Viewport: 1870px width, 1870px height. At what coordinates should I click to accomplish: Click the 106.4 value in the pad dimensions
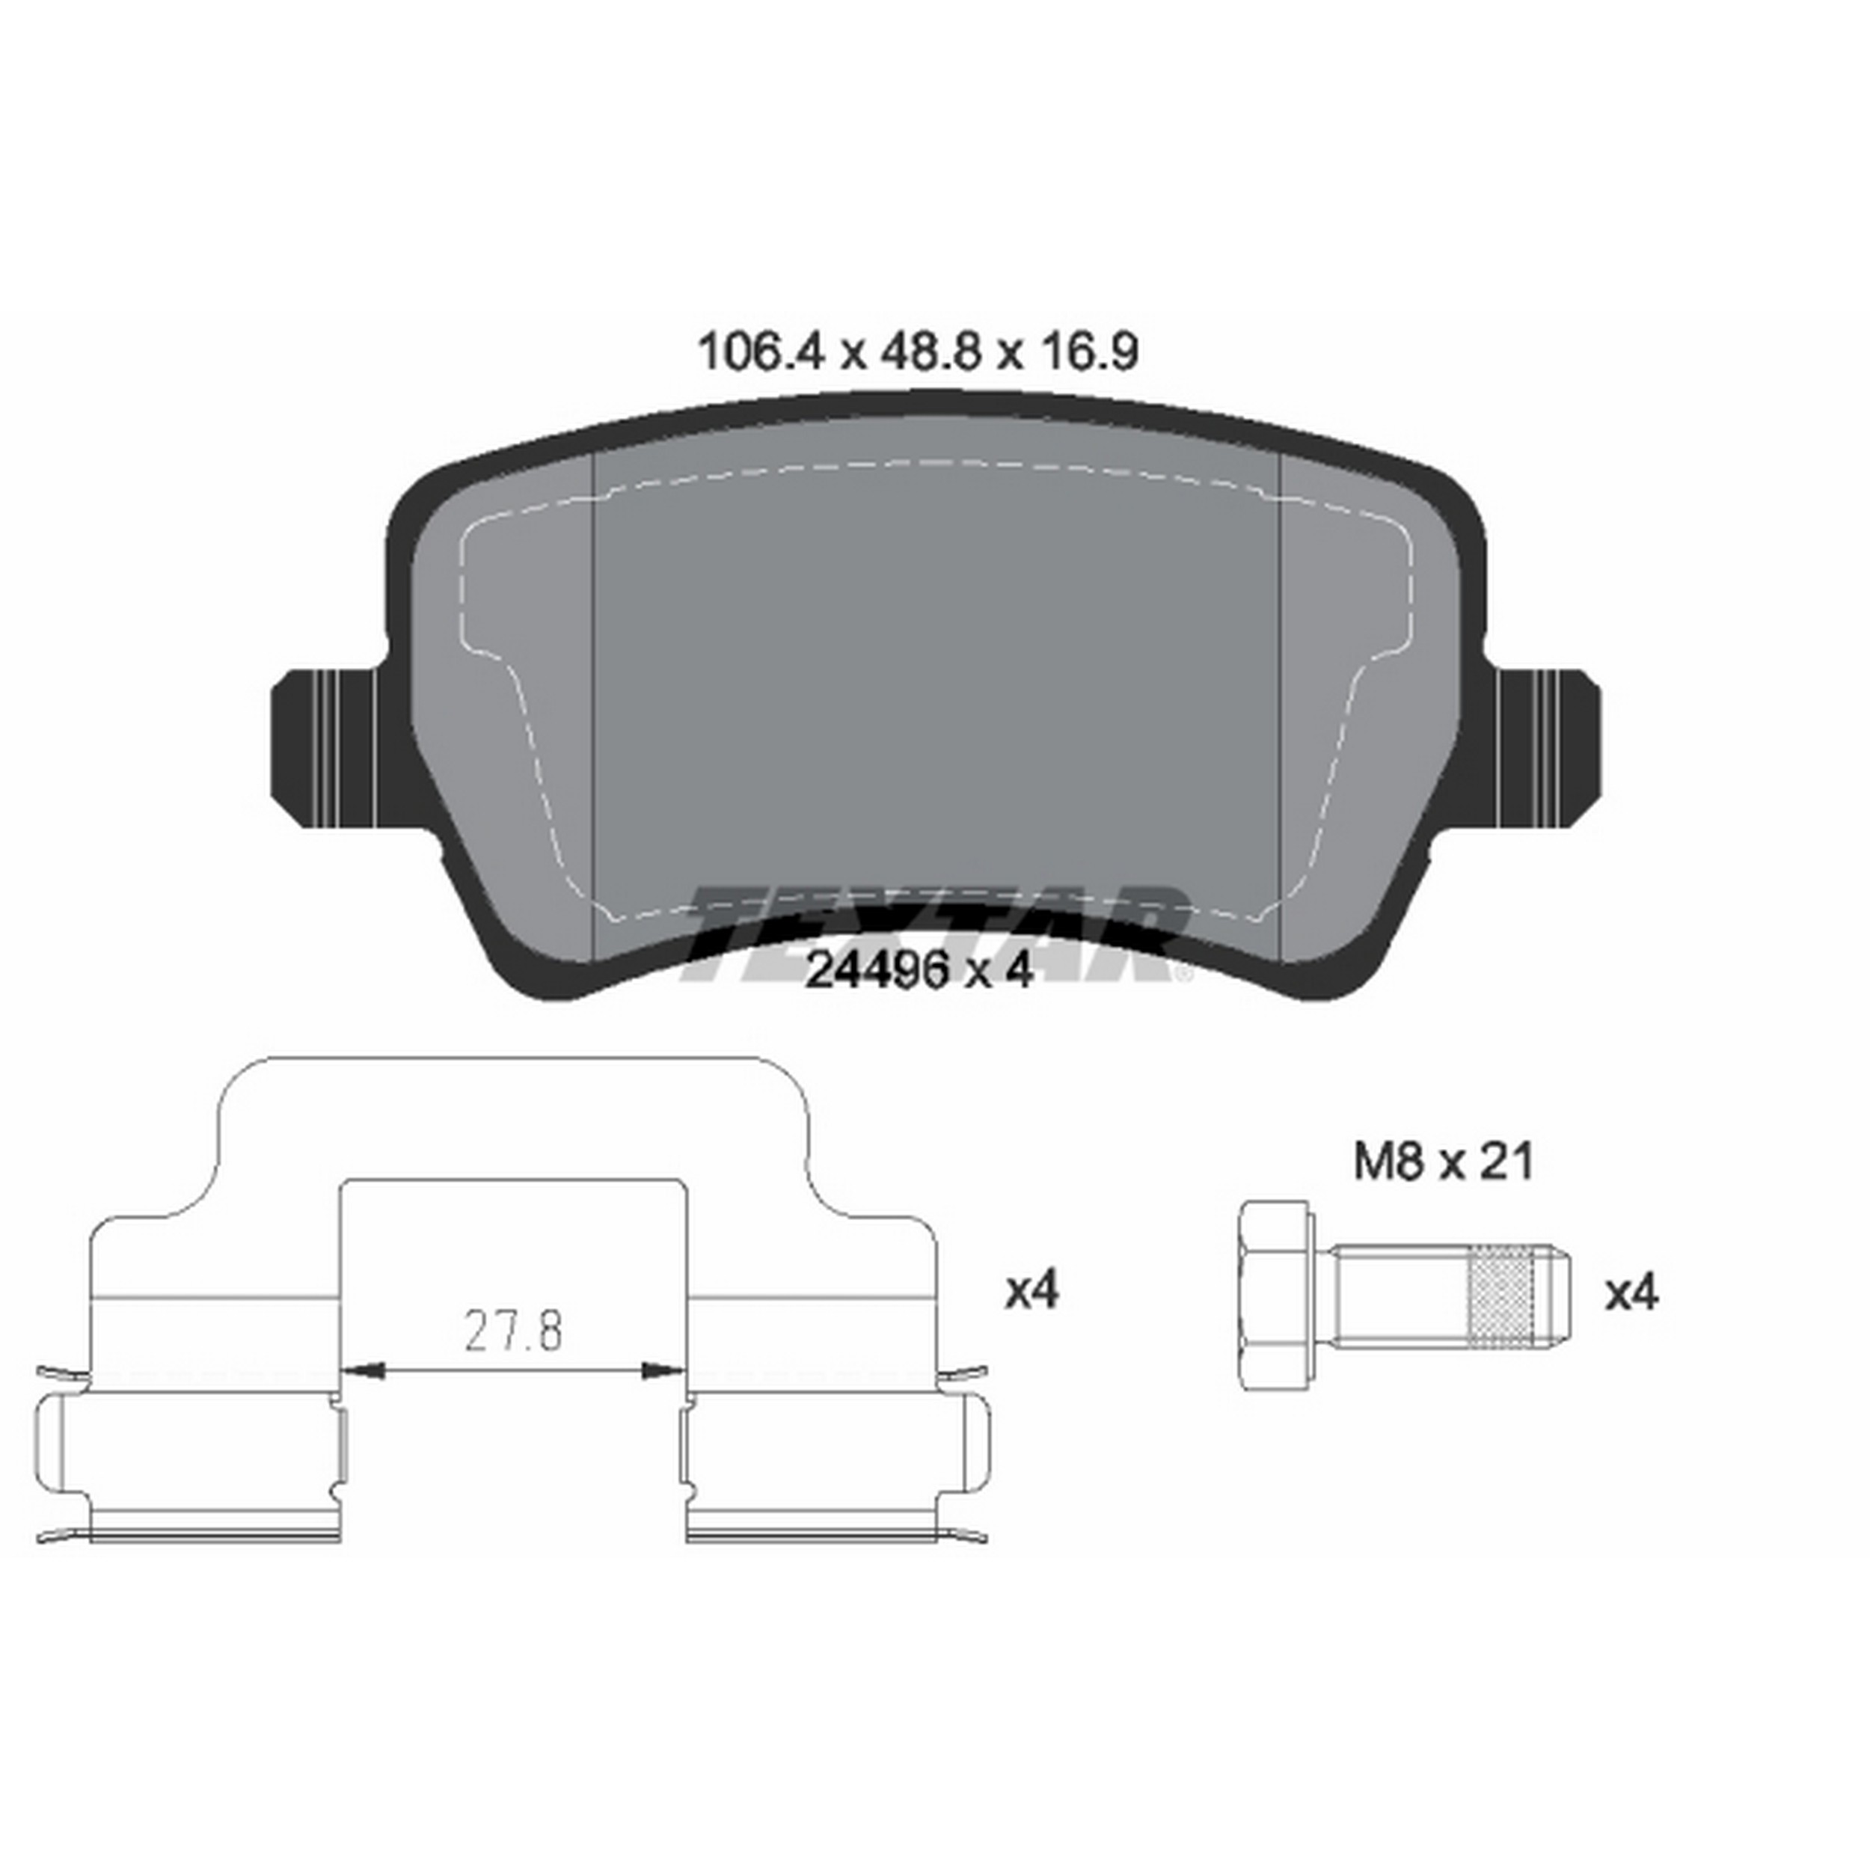click(761, 352)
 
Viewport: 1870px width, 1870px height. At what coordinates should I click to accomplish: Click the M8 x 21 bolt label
click(1443, 1162)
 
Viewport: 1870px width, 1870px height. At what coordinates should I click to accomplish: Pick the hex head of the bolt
click(1273, 1297)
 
